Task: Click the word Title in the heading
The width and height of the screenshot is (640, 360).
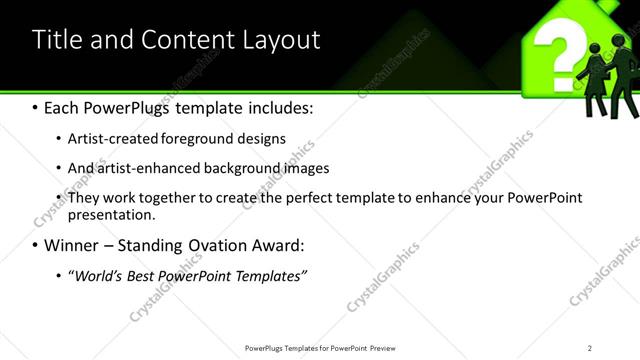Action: (x=57, y=40)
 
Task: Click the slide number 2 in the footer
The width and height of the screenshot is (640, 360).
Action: (x=590, y=347)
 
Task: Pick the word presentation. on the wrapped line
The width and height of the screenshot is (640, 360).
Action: (x=111, y=215)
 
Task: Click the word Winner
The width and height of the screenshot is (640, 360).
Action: (x=71, y=245)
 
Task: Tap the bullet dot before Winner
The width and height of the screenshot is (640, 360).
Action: (x=35, y=246)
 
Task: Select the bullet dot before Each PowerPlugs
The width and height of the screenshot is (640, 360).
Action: (x=35, y=107)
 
